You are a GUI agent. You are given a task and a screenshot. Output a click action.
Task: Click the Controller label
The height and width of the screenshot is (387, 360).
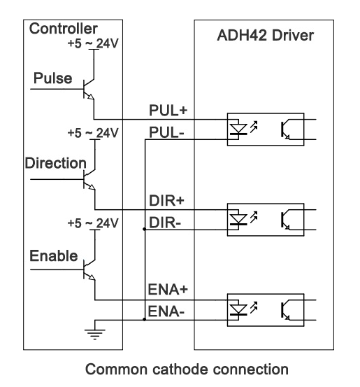tap(64, 29)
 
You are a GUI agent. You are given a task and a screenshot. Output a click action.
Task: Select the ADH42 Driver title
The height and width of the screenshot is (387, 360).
tap(266, 35)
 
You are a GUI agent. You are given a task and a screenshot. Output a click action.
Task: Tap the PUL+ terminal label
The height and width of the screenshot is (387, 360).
tap(168, 110)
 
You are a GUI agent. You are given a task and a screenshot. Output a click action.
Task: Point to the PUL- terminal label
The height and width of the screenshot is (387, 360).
tap(166, 132)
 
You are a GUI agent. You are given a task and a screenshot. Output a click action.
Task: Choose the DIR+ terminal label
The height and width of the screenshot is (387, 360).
tap(166, 200)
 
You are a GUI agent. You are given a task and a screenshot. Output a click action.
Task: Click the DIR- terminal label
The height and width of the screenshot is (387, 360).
tap(165, 223)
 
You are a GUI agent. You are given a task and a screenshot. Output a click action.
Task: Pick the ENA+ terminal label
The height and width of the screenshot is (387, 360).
tap(168, 289)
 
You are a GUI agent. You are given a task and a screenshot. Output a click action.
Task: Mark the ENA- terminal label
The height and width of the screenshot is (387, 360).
tap(166, 311)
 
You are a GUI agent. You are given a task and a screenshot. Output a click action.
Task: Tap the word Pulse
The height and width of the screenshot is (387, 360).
tap(52, 78)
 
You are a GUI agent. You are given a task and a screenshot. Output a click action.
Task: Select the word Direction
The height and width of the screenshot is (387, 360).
tap(56, 163)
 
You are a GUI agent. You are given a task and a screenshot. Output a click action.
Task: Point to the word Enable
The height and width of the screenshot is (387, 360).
tap(54, 255)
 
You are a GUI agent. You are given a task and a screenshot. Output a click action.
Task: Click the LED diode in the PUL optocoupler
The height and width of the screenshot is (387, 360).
tap(238, 129)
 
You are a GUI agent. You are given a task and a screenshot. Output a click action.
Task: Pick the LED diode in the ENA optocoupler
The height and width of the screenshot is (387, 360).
tap(238, 310)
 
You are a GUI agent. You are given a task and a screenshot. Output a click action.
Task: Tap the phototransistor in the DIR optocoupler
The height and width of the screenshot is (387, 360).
tap(287, 220)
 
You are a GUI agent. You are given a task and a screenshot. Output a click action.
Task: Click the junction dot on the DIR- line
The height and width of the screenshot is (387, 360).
tap(145, 230)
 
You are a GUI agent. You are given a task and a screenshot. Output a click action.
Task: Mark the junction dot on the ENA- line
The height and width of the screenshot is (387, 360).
tap(145, 320)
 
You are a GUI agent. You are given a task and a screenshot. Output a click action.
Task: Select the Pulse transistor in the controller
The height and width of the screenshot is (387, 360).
tap(89, 90)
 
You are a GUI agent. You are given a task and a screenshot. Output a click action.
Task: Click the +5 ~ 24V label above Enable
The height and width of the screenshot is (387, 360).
tap(93, 223)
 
